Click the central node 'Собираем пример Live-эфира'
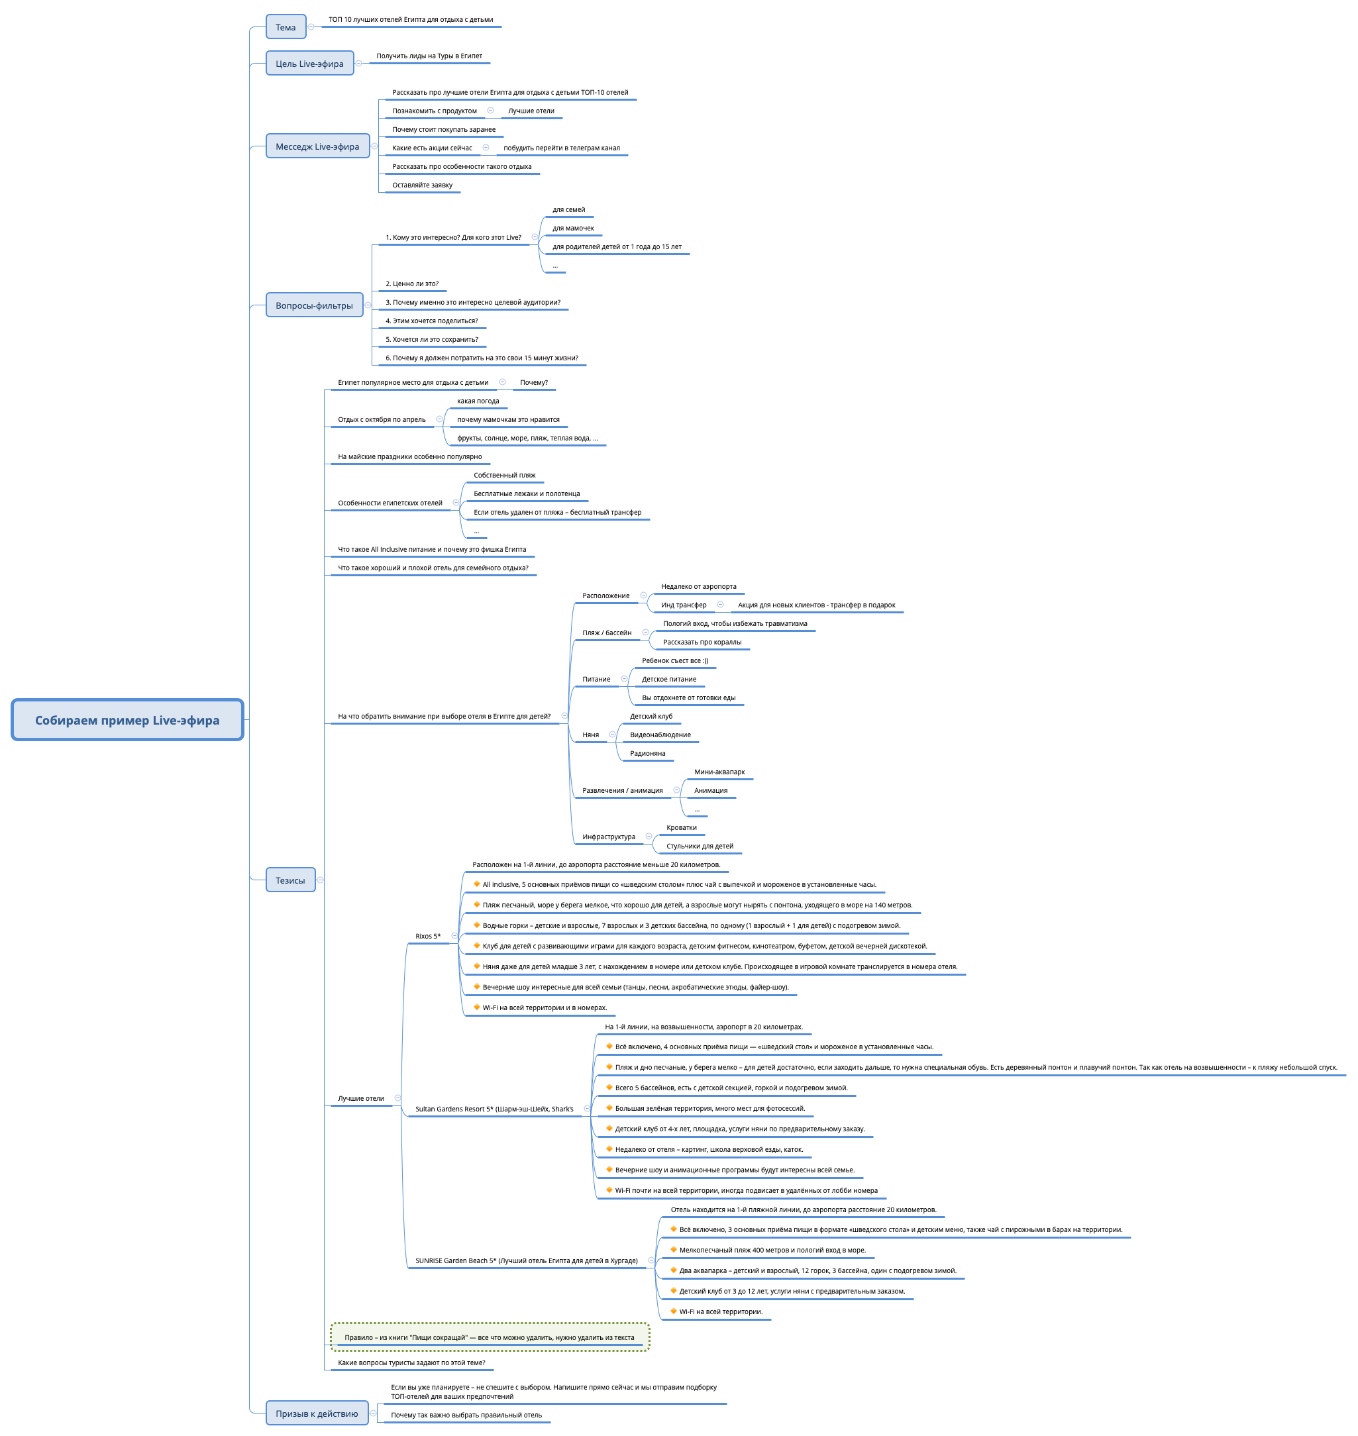[127, 719]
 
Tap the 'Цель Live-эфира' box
[309, 63]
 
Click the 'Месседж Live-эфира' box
[317, 146]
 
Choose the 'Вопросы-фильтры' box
[314, 305]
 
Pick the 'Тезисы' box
[290, 880]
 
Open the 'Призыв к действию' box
[317, 1413]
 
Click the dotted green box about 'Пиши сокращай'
[490, 1337]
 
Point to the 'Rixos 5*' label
[428, 936]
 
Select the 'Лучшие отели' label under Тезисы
[360, 1098]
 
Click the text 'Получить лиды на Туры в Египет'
[429, 56]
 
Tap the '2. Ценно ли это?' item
[412, 283]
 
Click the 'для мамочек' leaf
[573, 228]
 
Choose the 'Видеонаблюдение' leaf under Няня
[660, 735]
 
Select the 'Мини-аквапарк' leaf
[719, 772]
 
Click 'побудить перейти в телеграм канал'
[562, 148]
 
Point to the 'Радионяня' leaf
[648, 754]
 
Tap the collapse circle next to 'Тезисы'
[320, 880]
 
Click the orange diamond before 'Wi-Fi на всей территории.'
[674, 1311]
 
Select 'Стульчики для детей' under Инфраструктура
[700, 846]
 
